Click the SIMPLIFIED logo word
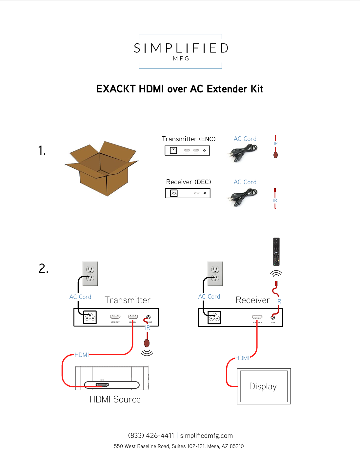pos(181,48)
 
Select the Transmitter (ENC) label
pos(189,139)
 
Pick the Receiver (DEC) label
pos(189,182)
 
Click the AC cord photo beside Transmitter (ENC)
pos(243,153)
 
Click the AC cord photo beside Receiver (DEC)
pos(243,197)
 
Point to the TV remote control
pos(276,252)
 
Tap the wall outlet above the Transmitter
pos(90,274)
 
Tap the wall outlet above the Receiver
pos(215,274)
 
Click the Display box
pos(264,386)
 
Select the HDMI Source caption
pos(115,400)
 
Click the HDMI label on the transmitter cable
pos(82,355)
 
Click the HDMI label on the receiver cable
pos(242,358)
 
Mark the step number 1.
pos(42,150)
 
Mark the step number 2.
pos(43,268)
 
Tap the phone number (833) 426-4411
pos(151,436)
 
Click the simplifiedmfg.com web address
pos(206,436)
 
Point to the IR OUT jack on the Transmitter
pos(149,317)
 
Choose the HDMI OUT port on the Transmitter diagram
pos(115,317)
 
